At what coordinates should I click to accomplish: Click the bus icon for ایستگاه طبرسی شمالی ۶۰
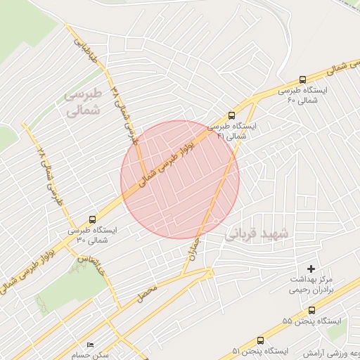tap(302, 80)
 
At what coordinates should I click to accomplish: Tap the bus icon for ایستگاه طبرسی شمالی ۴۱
tap(231, 116)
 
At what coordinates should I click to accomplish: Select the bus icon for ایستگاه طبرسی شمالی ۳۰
tap(94, 219)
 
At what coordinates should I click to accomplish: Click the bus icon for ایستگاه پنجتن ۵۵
tap(311, 310)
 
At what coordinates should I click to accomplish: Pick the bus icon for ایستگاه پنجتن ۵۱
tap(260, 340)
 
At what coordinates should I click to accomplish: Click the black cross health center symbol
tap(311, 269)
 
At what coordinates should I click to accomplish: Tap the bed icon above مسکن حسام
tap(89, 345)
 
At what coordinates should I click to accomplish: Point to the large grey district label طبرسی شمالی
tap(83, 103)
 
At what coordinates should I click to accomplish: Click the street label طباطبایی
tap(84, 50)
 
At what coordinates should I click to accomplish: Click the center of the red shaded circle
tap(180, 180)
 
